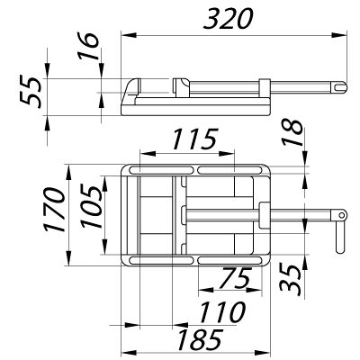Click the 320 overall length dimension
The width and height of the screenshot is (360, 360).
point(229,19)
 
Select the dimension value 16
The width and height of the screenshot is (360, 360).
point(88,46)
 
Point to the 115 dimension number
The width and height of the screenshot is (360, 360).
point(195,139)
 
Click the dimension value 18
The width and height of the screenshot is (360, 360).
point(292,132)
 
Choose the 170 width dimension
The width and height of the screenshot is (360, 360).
point(54,210)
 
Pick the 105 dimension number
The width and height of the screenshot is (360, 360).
point(92,207)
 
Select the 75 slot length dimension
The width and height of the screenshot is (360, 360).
point(235,278)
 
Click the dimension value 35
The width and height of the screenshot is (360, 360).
point(290,277)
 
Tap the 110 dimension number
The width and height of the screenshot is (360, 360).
point(222,312)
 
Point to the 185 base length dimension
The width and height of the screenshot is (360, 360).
point(200,339)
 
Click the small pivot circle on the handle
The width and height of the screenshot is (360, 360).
point(341,215)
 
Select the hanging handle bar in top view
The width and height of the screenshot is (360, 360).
point(340,237)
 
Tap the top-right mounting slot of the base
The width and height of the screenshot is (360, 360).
point(229,170)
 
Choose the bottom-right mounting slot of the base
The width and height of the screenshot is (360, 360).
point(229,260)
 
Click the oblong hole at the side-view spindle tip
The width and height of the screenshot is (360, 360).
point(339,86)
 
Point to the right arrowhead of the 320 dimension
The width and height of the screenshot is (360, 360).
point(339,35)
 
